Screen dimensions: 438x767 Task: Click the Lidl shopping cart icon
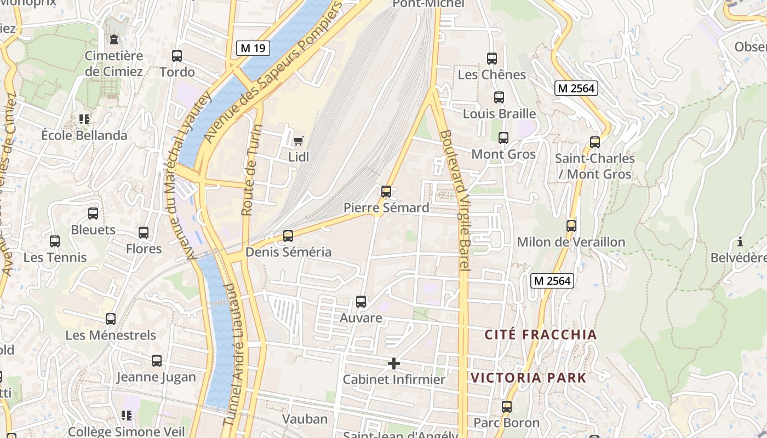coord(298,141)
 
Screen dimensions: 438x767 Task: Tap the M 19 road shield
coord(253,48)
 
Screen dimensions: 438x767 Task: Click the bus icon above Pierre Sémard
coord(386,191)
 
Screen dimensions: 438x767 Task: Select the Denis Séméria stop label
coord(288,252)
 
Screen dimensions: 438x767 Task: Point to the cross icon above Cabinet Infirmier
coord(393,363)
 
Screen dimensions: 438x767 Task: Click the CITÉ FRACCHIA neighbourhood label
coord(541,335)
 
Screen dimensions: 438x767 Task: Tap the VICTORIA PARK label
coord(528,378)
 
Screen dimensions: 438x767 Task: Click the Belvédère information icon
coord(740,241)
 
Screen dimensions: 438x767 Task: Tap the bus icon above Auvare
coord(361,301)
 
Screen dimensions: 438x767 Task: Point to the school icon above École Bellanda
coord(84,119)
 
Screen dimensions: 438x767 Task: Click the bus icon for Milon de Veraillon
coord(571,226)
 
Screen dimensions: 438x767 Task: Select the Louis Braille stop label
coord(499,114)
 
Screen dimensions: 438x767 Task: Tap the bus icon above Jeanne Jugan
coord(157,360)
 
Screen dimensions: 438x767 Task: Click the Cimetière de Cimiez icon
coord(113,39)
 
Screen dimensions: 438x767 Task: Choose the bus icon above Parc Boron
coord(507,406)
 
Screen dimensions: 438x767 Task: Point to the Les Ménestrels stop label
coord(111,335)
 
